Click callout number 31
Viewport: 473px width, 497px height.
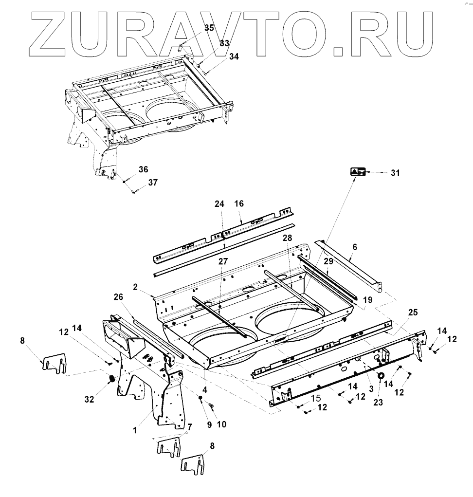click(395, 173)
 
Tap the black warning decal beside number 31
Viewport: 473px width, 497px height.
click(358, 172)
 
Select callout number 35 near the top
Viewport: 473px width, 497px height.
click(209, 28)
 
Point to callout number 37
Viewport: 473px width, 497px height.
click(153, 183)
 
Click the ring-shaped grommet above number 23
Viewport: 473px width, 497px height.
click(381, 376)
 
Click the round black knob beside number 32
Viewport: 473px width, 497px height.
click(111, 379)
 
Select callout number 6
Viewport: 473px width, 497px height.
click(355, 247)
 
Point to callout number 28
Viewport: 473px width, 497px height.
click(286, 238)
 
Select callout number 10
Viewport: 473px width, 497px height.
click(221, 424)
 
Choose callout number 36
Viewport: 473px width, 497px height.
click(143, 169)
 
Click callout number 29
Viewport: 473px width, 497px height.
click(329, 261)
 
